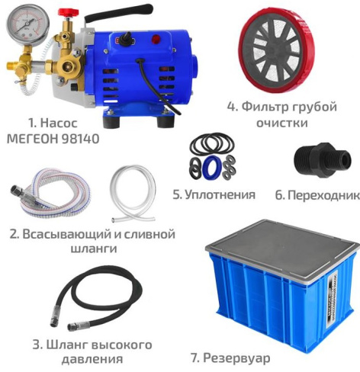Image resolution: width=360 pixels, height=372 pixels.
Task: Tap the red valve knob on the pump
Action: coord(68,12)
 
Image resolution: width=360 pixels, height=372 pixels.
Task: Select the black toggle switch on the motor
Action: coord(125,40)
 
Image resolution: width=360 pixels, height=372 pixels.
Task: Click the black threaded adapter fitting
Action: coord(323,160)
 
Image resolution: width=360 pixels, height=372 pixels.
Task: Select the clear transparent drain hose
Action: coord(133,193)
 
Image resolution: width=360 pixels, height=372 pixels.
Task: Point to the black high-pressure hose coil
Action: coord(95,297)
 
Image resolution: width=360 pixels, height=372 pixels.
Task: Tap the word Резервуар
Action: coord(236,358)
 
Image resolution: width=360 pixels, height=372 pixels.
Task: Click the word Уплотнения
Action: coord(220,195)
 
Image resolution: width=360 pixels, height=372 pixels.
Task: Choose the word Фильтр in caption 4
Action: coord(265,107)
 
